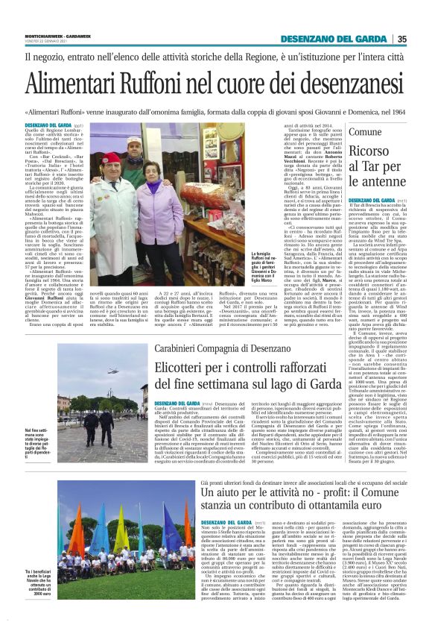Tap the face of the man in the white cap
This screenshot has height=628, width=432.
coord(134,144)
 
